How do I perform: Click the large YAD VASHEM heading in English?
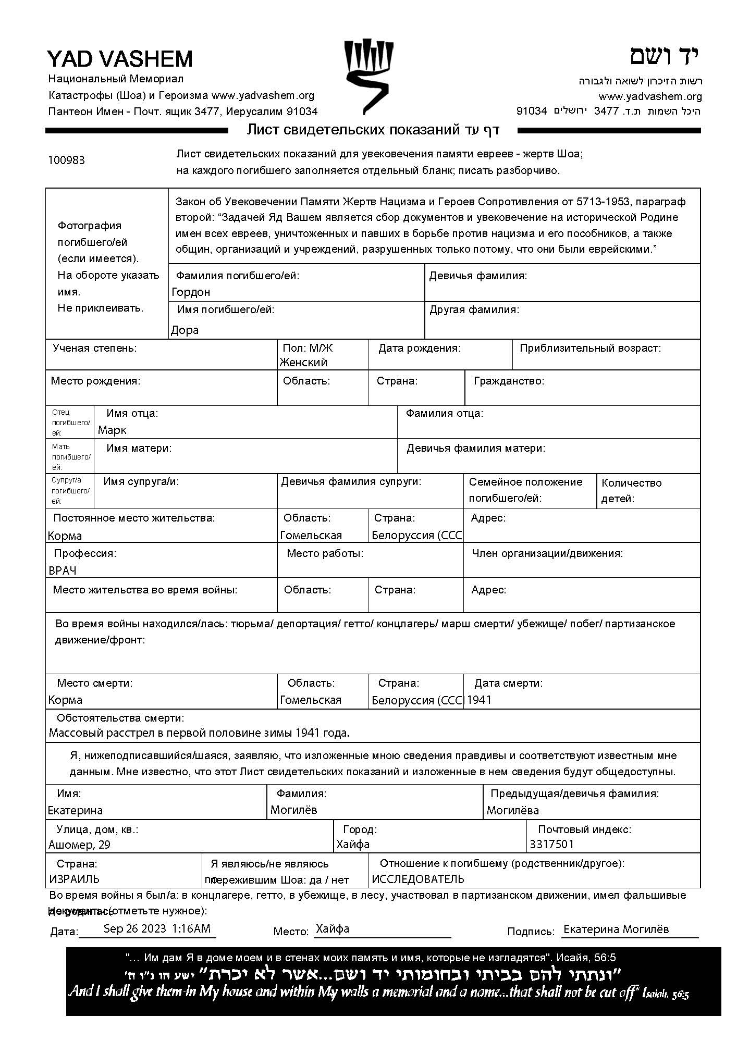120,59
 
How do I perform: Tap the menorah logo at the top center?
368,76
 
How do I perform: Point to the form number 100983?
66,160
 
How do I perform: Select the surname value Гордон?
191,292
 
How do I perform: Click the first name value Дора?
185,330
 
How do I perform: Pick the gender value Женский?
303,363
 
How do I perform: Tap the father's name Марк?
112,430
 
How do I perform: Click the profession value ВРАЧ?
63,571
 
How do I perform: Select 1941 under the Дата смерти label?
479,700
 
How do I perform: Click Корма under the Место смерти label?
65,700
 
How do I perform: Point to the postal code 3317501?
551,845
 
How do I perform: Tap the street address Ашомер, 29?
79,845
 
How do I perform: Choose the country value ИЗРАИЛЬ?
74,879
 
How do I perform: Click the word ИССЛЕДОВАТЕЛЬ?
417,879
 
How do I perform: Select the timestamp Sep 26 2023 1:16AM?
157,928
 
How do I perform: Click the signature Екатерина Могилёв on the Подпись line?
616,929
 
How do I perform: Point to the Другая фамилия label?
474,310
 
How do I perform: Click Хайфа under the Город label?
353,845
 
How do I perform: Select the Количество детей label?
631,490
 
